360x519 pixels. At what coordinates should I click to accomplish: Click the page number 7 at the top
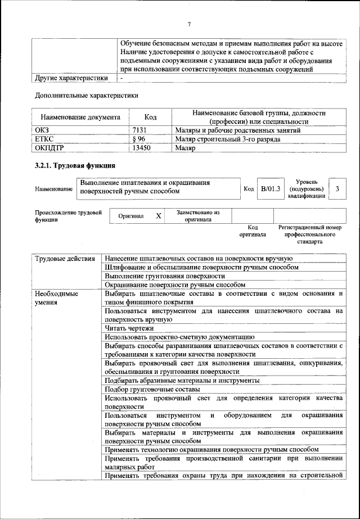[189, 24]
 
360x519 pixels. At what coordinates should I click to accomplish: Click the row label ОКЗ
[43, 130]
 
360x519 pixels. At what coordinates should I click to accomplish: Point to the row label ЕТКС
[44, 139]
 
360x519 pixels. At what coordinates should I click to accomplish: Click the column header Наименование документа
[80, 118]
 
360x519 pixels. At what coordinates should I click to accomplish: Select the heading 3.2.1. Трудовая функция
[75, 166]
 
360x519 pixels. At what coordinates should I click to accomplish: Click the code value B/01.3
[270, 189]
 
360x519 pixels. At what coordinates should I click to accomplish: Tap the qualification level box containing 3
[337, 189]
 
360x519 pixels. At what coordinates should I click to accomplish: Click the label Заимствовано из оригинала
[198, 216]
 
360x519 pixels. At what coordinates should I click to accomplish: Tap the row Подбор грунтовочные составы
[152, 389]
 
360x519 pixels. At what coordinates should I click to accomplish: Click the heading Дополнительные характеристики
[87, 95]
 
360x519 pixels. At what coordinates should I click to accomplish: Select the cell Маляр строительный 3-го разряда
[228, 139]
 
